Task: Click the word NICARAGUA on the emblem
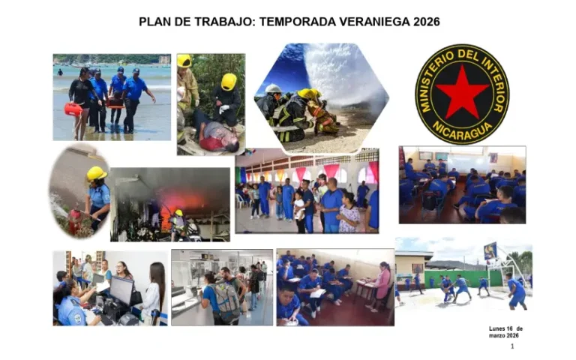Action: pos(462,129)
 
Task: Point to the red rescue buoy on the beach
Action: pos(73,109)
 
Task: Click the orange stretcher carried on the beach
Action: pos(114,102)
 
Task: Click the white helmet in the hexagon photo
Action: pos(274,88)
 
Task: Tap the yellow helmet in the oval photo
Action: pos(96,174)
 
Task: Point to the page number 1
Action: pos(512,346)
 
